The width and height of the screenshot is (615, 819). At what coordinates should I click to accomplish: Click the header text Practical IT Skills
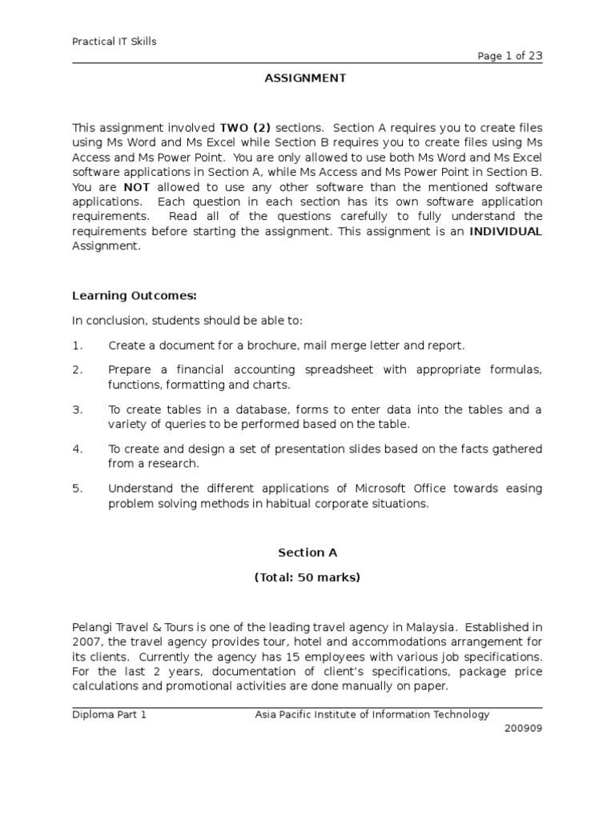(115, 42)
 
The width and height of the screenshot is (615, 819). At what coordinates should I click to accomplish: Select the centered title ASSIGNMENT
(307, 78)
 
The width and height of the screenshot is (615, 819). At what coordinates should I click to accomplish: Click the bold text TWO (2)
(247, 127)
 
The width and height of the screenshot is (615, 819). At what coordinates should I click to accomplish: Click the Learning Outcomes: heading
(134, 296)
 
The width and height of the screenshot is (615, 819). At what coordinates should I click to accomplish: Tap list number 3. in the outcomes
(78, 409)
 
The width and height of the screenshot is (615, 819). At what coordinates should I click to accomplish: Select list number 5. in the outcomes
(78, 489)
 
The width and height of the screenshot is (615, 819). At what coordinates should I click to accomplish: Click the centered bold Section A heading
(307, 552)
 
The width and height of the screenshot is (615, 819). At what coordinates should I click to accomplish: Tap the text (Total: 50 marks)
(307, 577)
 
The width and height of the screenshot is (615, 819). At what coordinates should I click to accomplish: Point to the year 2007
(86, 641)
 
